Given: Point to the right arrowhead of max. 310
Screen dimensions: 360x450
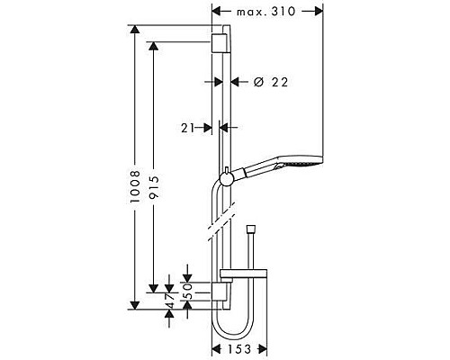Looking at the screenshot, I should click(x=318, y=12).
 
